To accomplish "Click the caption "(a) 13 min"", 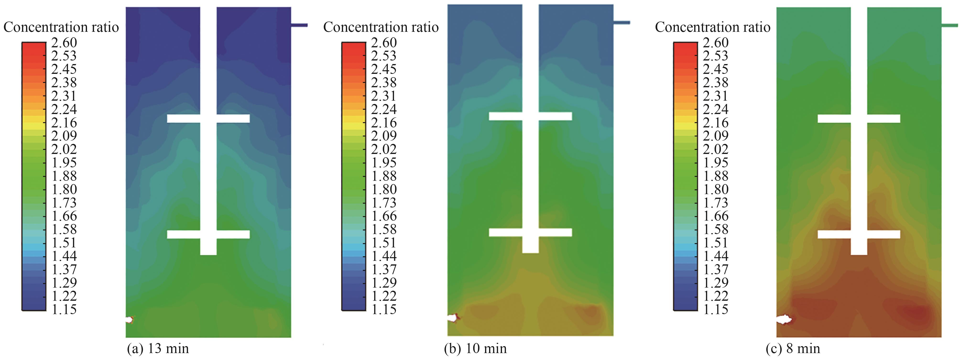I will pos(158,349).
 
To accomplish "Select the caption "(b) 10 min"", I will pos(475,349).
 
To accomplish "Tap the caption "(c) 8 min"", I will pos(793,349).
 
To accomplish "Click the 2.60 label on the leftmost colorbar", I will pos(64,43).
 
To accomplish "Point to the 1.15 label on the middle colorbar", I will pos(384,309).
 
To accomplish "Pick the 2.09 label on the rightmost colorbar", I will pos(715,136).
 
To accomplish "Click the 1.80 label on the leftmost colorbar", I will pos(64,189).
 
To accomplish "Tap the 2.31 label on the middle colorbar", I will pos(384,96).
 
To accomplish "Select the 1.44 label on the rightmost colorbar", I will pos(715,256).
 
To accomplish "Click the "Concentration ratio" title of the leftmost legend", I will pos(61,27).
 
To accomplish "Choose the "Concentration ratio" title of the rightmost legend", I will pos(713,27).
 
